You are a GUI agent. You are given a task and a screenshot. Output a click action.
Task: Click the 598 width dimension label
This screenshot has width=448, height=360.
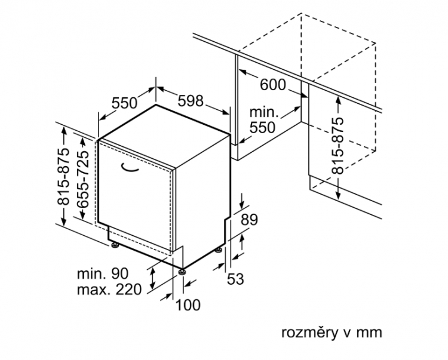click(x=191, y=100)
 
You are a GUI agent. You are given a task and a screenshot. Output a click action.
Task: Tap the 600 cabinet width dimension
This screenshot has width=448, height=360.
click(x=273, y=85)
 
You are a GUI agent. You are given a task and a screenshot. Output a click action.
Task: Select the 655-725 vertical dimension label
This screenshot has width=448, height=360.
click(x=83, y=179)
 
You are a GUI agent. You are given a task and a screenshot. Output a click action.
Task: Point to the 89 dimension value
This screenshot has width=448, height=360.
click(x=249, y=220)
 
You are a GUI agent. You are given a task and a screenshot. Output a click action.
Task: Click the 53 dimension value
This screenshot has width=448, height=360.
click(x=235, y=279)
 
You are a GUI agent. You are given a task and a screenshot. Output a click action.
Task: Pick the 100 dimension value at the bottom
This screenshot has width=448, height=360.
click(x=188, y=305)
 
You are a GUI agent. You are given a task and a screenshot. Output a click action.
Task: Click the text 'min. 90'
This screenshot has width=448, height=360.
click(x=103, y=273)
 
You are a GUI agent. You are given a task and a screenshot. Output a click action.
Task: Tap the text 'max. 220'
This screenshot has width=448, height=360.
click(x=109, y=290)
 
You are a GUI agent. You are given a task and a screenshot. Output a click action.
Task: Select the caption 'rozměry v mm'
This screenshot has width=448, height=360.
click(x=332, y=333)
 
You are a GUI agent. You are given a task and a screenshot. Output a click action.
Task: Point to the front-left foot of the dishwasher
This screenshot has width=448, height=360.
click(x=115, y=245)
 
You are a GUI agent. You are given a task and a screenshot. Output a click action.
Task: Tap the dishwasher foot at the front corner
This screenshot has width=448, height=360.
click(x=182, y=272)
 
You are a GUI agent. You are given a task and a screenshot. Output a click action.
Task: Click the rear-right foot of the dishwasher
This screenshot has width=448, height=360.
click(x=219, y=250)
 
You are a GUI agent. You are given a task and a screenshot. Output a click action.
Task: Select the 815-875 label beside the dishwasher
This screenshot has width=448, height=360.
click(x=63, y=176)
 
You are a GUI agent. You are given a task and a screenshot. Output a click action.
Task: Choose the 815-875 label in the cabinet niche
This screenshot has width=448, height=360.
click(x=337, y=146)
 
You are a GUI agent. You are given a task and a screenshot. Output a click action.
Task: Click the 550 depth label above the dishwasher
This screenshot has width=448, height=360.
click(x=124, y=103)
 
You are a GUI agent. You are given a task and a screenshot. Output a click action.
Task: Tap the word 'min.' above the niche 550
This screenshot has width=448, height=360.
click(x=264, y=112)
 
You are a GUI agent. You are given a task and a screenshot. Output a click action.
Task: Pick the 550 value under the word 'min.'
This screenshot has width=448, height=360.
click(x=262, y=127)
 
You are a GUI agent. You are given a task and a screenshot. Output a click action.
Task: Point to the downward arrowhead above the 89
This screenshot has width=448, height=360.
click(x=243, y=205)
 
